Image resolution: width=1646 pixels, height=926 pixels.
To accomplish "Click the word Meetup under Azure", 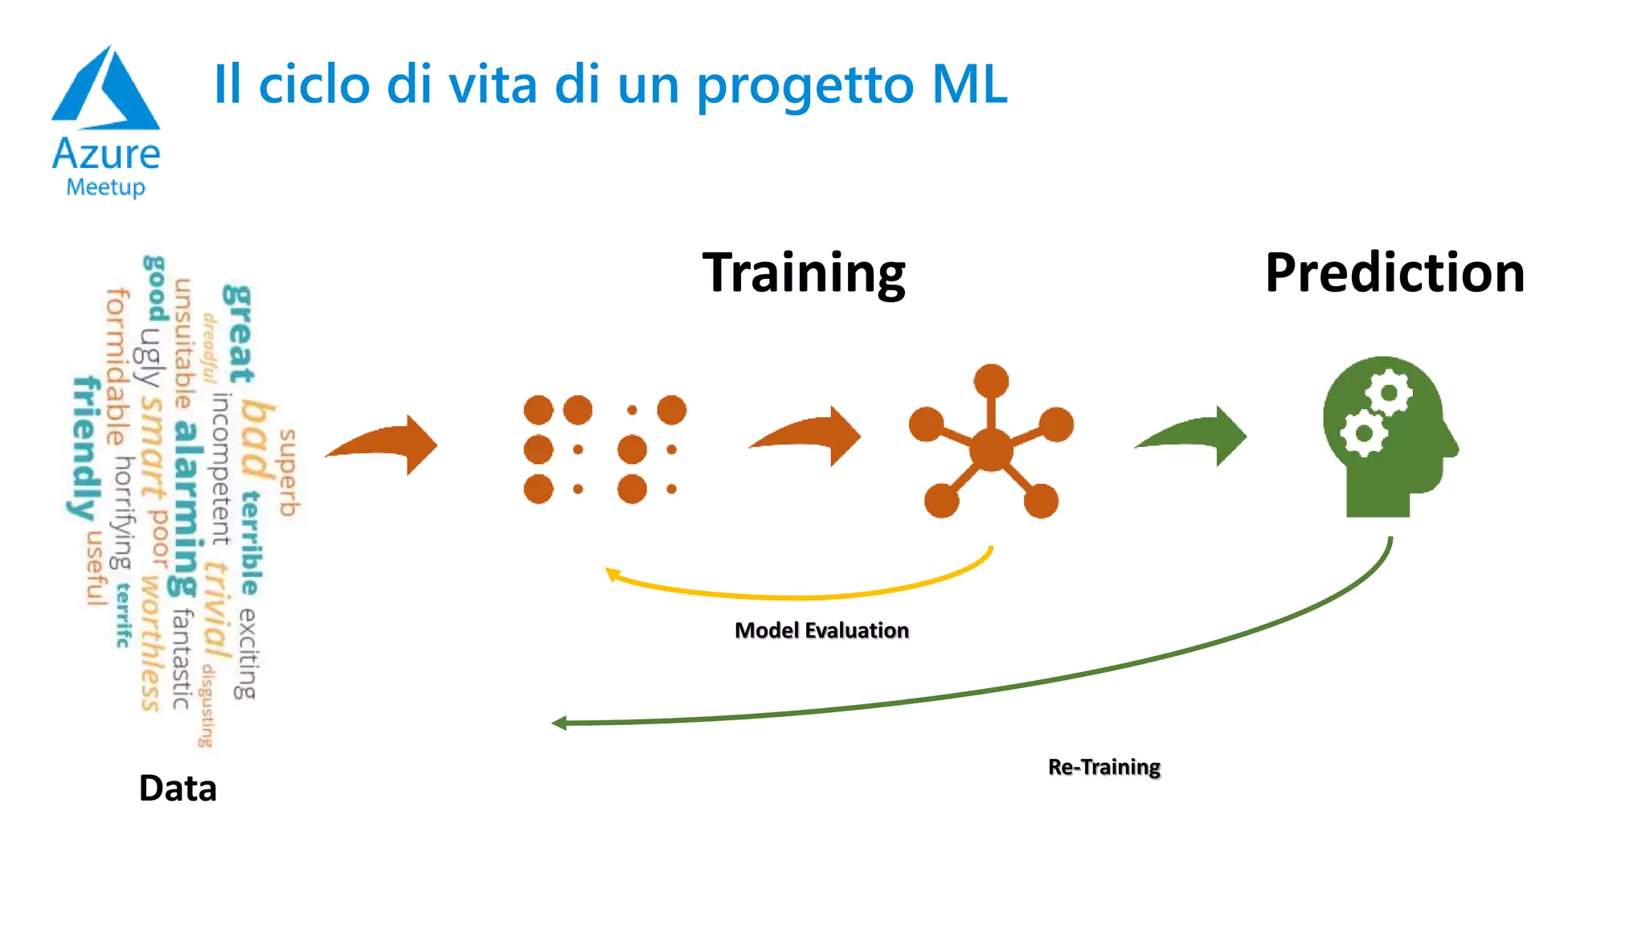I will pyautogui.click(x=105, y=187).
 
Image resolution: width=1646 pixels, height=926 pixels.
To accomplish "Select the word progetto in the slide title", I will pyautogui.click(x=805, y=85).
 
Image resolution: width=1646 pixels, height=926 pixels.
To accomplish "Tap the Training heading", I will pyautogui.click(x=804, y=273).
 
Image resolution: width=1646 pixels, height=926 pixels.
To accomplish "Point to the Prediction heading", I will pyautogui.click(x=1394, y=273).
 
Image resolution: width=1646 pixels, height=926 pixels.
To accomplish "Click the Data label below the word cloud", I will pyautogui.click(x=178, y=789).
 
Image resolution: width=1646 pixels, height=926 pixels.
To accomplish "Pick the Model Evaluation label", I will pyautogui.click(x=821, y=631).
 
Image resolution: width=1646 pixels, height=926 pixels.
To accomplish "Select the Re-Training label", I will pyautogui.click(x=1103, y=768).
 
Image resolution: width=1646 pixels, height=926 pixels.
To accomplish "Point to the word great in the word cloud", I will pyautogui.click(x=238, y=333).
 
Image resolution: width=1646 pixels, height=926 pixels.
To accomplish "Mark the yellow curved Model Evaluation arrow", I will pyautogui.click(x=804, y=593).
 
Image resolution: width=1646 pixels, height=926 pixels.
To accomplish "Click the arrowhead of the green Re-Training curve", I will pyautogui.click(x=559, y=723).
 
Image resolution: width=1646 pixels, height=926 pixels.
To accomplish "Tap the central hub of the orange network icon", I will pyautogui.click(x=991, y=449).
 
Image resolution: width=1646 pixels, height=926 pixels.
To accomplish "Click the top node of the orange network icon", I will pyautogui.click(x=991, y=380).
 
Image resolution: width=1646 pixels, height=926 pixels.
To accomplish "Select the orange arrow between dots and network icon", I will pyautogui.click(x=808, y=436).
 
